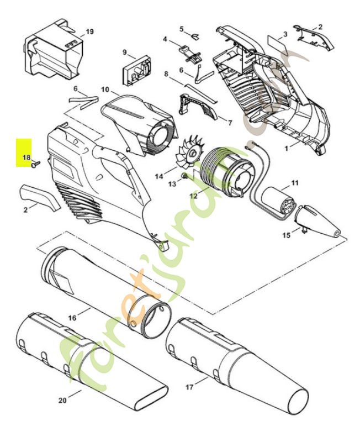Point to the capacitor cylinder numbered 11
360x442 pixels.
[279, 201]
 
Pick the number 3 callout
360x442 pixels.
[285, 34]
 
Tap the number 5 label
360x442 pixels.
[181, 28]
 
